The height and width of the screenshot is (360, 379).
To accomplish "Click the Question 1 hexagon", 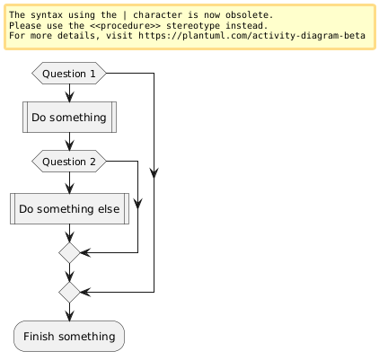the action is click(x=69, y=74).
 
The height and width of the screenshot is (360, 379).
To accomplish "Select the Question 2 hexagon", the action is click(x=69, y=162).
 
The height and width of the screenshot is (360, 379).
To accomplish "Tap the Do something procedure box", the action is click(x=69, y=117).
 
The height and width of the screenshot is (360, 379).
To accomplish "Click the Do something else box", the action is click(x=69, y=208).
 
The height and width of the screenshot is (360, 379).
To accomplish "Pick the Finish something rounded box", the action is click(x=69, y=336).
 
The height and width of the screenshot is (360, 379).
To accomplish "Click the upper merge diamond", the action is click(x=69, y=253).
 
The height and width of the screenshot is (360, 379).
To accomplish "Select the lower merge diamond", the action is click(x=69, y=292).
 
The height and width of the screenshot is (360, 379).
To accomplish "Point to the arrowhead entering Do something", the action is click(x=69, y=97).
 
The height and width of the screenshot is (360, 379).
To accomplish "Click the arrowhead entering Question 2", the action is click(x=69, y=145).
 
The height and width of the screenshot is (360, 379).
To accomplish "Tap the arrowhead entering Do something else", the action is click(x=69, y=189).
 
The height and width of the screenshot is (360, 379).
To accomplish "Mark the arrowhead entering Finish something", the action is click(x=69, y=316).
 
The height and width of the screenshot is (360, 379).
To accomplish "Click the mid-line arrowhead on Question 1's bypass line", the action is click(x=154, y=173).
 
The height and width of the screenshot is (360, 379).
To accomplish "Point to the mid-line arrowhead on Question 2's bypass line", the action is click(x=137, y=204).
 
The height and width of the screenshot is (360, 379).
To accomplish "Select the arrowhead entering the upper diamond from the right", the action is click(x=85, y=253).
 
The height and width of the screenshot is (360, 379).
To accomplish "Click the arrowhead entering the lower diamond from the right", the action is click(x=85, y=292).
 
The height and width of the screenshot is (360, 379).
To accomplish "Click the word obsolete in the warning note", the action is click(x=249, y=15).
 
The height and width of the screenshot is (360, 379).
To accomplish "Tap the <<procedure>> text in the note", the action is click(x=125, y=25).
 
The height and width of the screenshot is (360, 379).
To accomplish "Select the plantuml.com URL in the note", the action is click(x=251, y=36).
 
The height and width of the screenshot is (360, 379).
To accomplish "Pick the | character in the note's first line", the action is click(x=125, y=15).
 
